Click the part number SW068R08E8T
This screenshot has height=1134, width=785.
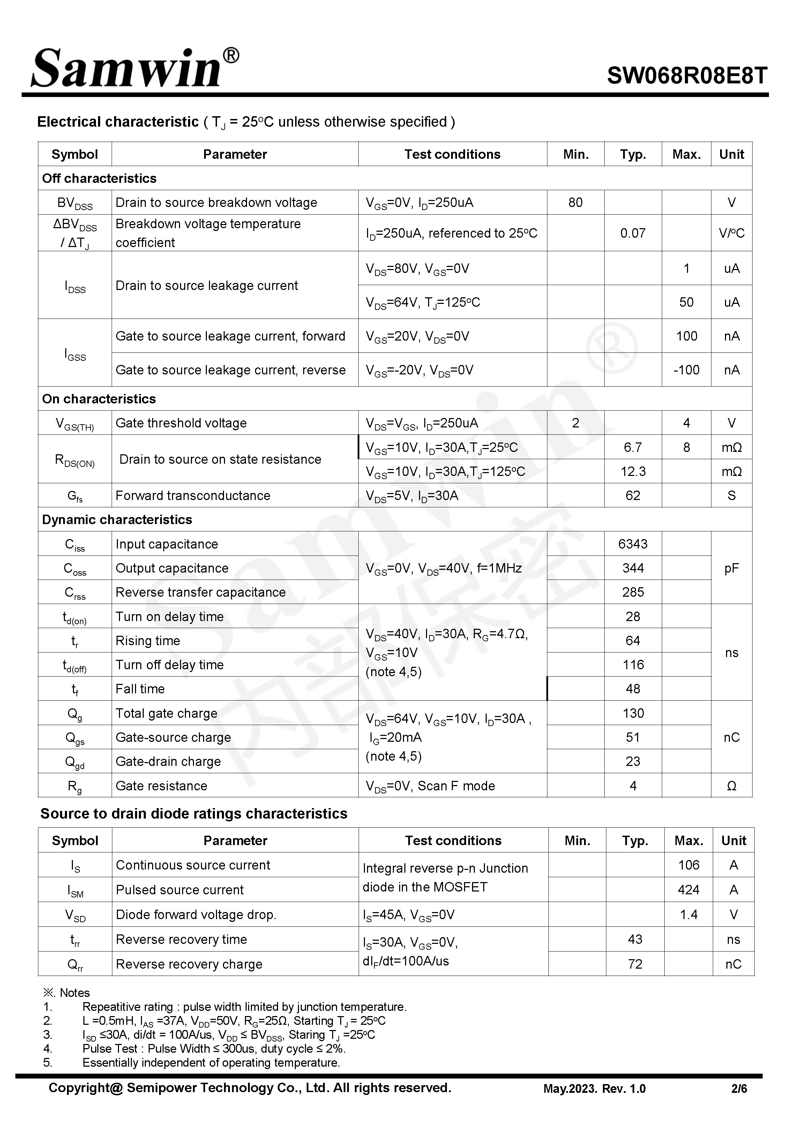687,76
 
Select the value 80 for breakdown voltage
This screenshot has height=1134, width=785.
575,203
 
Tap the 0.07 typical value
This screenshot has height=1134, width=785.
633,233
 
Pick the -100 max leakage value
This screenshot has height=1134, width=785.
686,370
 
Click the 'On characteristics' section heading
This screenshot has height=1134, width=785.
99,399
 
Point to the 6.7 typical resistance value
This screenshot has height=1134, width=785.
633,448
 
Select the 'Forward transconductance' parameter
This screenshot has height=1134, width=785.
193,496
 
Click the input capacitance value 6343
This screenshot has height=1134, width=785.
633,544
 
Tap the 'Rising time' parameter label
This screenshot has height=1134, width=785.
148,641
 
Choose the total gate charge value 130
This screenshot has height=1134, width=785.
633,713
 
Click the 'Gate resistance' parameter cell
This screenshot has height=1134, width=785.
161,786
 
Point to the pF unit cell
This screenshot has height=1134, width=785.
731,568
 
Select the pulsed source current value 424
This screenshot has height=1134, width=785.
688,890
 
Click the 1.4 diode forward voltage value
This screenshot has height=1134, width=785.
688,915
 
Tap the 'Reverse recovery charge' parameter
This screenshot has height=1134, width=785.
189,964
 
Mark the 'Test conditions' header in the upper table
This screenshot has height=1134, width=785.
452,155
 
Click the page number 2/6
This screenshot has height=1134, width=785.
739,1089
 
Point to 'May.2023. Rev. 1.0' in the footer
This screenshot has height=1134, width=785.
594,1089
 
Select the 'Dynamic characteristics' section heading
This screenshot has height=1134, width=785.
117,520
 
